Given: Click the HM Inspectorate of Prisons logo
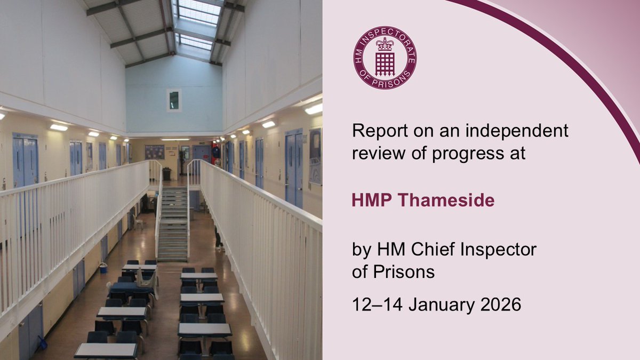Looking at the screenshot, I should tap(385, 57).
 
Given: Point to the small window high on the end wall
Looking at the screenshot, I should tap(174, 100).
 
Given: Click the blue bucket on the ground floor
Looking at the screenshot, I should tap(102, 268).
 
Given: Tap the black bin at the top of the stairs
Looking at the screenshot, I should tap(167, 174).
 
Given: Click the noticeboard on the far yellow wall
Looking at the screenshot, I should tap(155, 152).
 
